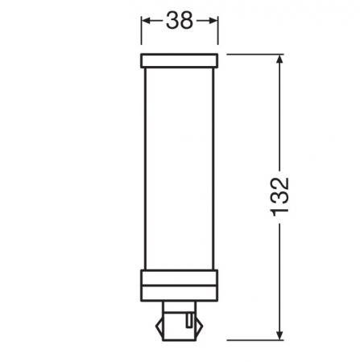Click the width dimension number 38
click(x=179, y=22)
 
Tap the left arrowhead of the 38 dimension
click(x=146, y=22)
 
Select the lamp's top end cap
click(x=179, y=61)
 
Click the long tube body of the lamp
click(x=179, y=169)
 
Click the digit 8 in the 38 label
click(x=188, y=22)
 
